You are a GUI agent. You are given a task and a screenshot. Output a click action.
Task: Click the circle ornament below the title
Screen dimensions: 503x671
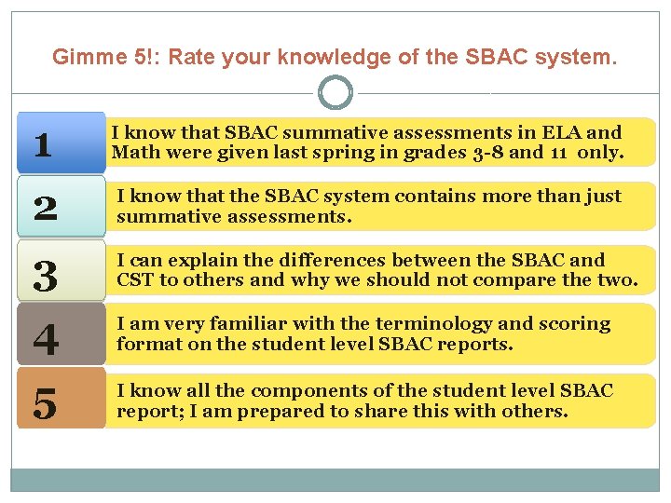335,92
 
